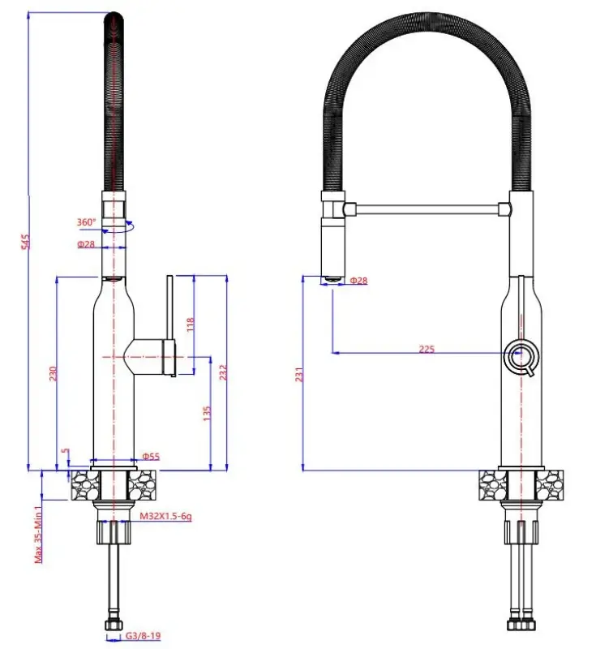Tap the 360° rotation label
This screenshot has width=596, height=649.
pyautogui.click(x=87, y=221)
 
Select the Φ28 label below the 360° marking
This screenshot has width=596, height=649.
pyautogui.click(x=87, y=244)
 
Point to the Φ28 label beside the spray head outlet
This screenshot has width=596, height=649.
pyautogui.click(x=358, y=281)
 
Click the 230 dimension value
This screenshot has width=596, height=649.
pyautogui.click(x=51, y=372)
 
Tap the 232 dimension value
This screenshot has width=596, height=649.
pyautogui.click(x=223, y=372)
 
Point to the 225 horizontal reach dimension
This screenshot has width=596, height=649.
pyautogui.click(x=427, y=350)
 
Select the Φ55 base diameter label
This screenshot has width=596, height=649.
pyautogui.click(x=151, y=457)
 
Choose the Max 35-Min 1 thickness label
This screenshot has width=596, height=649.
pyautogui.click(x=38, y=531)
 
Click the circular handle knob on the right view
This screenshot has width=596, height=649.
pyautogui.click(x=521, y=355)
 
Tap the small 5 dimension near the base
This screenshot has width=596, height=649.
pyautogui.click(x=65, y=452)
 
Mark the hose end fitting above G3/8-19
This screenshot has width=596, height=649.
pyautogui.click(x=114, y=624)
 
